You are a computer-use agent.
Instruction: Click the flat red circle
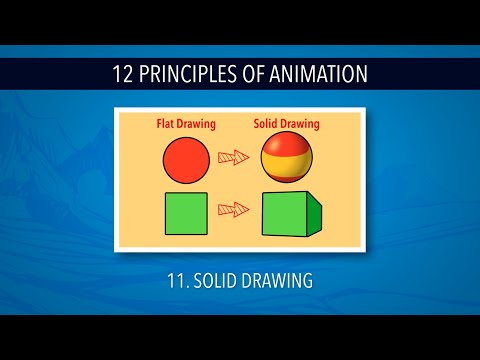(185, 158)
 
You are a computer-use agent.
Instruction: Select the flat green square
(183, 214)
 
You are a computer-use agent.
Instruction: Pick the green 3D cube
(291, 213)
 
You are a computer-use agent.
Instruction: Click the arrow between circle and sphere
(233, 157)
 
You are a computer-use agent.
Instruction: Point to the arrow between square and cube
(233, 210)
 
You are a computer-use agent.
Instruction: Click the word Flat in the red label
(167, 125)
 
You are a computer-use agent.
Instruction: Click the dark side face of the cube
(314, 213)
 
